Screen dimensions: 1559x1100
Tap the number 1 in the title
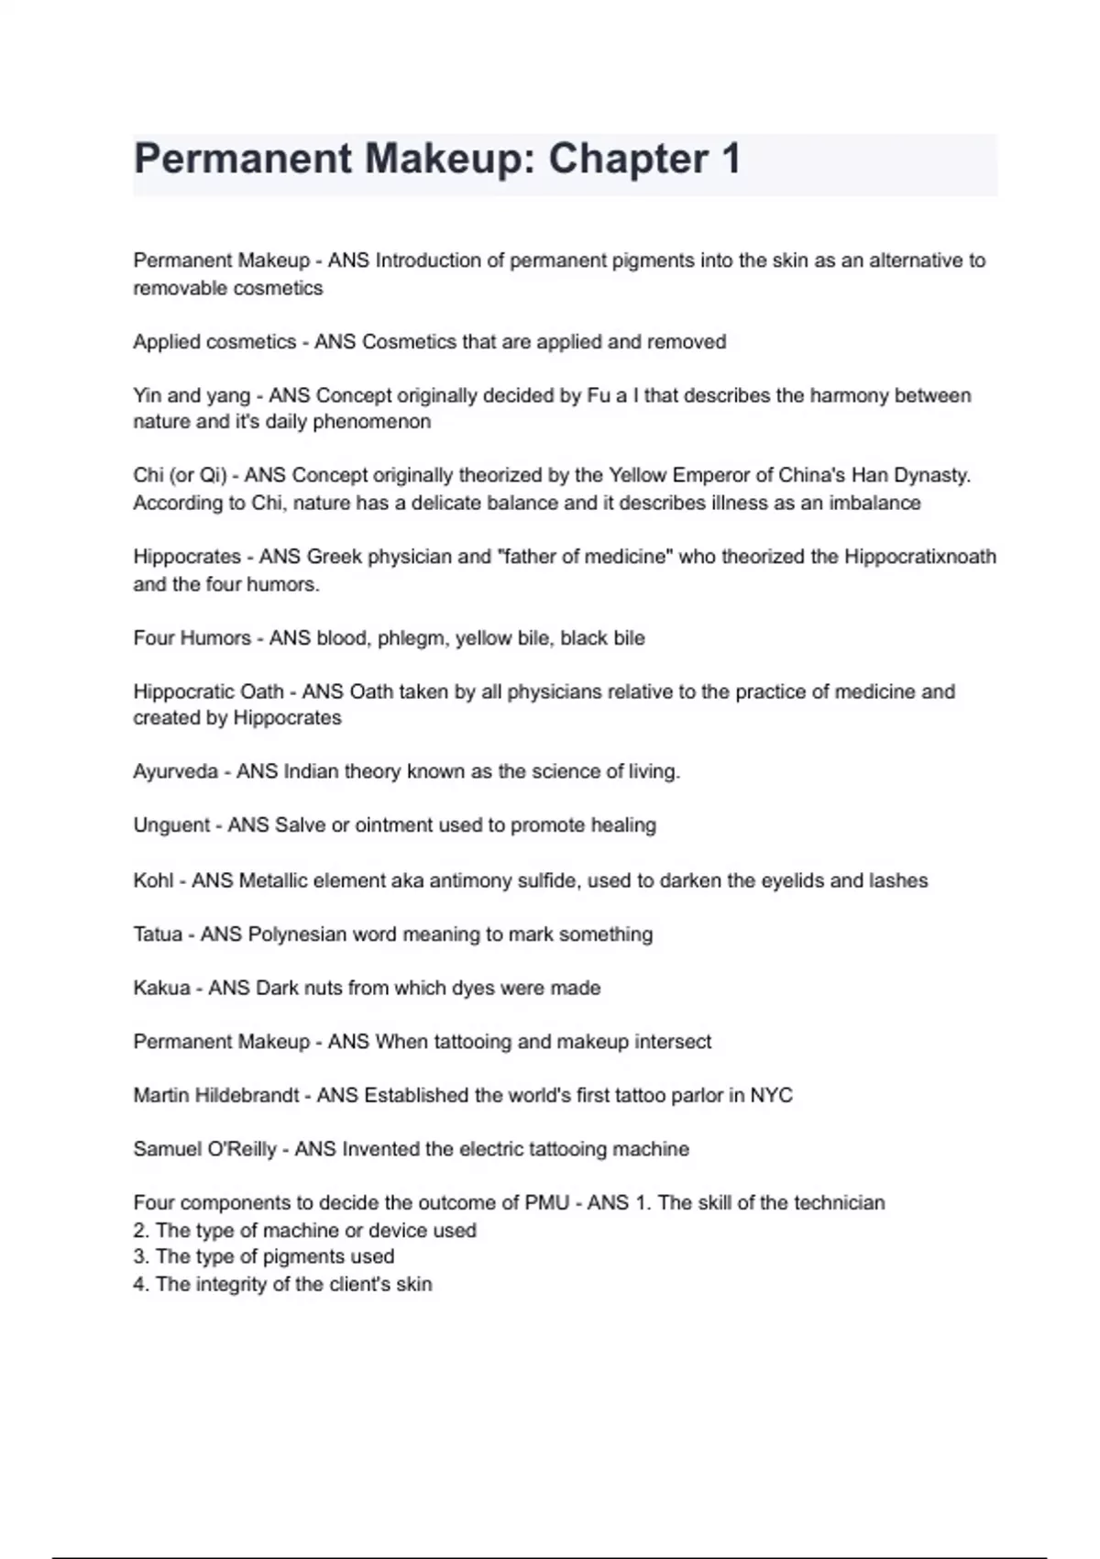pos(730,160)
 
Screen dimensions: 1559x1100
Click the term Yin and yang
pos(192,396)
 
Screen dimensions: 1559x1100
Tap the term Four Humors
pos(192,638)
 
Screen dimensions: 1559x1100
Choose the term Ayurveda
pos(175,772)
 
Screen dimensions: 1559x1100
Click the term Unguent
pos(171,825)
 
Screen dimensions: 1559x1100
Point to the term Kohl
pos(153,881)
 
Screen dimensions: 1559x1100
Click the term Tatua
pos(158,934)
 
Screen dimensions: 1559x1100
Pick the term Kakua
pos(161,989)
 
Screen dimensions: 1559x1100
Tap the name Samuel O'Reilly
pos(204,1150)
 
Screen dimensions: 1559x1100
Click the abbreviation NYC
pos(771,1096)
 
